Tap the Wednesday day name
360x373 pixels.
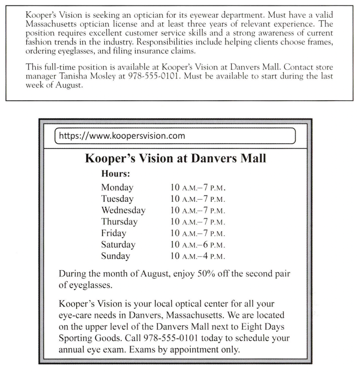pyautogui.click(x=123, y=210)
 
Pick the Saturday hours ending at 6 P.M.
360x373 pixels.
pyautogui.click(x=197, y=245)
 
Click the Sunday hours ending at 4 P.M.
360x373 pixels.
pyautogui.click(x=197, y=256)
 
